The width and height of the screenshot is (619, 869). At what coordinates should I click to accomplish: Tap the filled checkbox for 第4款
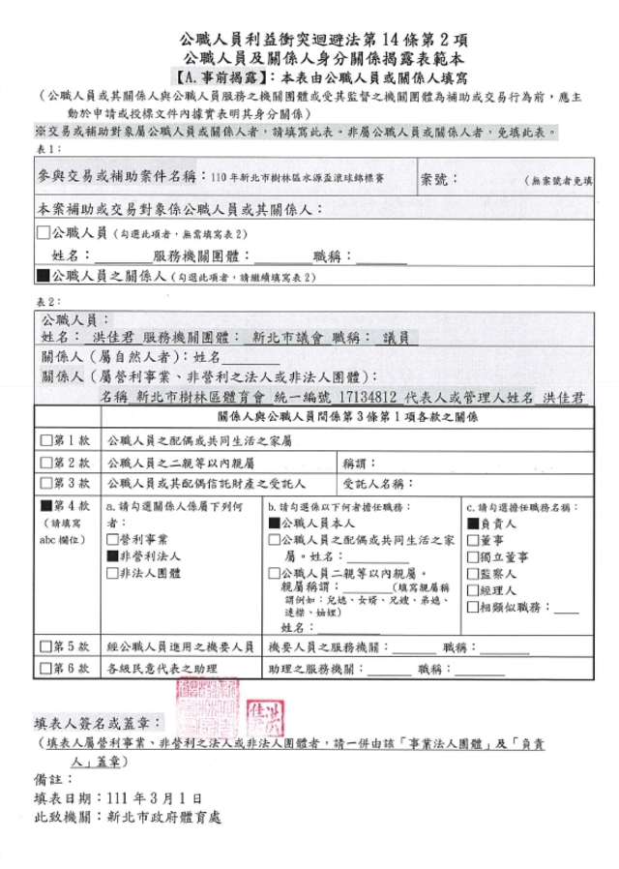45,505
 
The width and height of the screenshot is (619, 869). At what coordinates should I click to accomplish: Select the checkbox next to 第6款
45,669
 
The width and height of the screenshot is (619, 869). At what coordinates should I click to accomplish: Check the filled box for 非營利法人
111,555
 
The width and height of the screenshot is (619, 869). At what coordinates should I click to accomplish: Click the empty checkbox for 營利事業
111,538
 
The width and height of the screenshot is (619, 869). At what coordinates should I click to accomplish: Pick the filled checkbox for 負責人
471,522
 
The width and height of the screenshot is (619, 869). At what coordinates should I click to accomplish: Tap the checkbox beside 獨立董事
471,555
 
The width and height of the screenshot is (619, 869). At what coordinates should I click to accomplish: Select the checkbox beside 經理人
471,589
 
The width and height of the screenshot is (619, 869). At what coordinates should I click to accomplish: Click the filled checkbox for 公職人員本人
273,522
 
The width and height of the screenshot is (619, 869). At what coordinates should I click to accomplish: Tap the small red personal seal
268,717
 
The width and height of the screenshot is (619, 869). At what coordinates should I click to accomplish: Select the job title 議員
396,338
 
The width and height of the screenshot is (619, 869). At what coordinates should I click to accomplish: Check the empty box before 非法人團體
111,572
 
